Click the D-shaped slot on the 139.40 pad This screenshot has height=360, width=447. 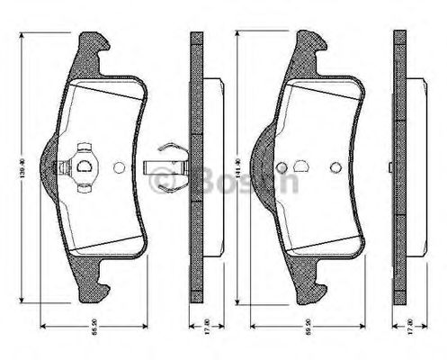pos(85,166)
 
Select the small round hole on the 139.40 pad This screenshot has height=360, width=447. pos(121,166)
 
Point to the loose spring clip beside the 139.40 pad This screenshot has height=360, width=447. pos(165,166)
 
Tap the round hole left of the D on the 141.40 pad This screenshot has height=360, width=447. pos(282,166)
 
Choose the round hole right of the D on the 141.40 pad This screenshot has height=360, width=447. pos(335,166)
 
